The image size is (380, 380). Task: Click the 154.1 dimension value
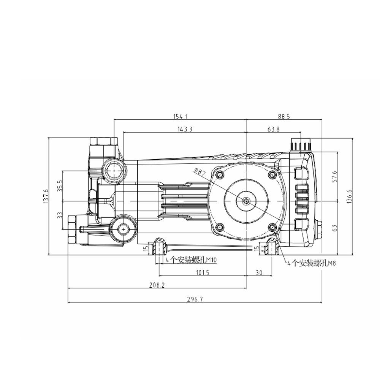(x=180, y=116)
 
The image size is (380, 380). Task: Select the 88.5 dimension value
(x=284, y=116)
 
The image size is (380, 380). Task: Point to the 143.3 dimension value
(x=185, y=129)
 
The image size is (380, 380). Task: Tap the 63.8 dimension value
(x=273, y=129)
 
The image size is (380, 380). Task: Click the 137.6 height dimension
(x=46, y=196)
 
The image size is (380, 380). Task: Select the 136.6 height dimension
(x=350, y=196)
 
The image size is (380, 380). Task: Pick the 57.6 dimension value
(x=335, y=176)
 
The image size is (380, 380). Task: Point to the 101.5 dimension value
(x=203, y=272)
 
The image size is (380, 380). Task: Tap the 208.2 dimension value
(x=157, y=285)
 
